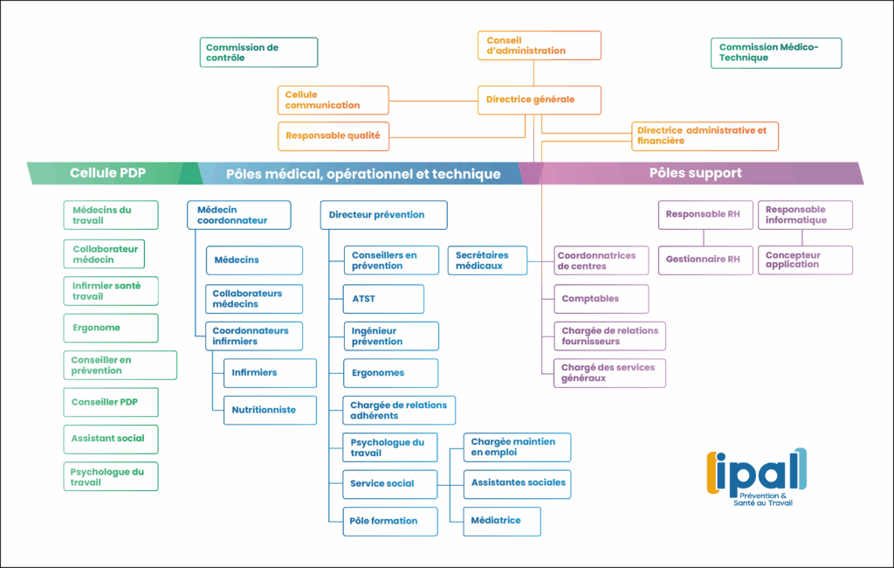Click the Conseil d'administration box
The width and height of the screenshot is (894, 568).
click(540, 45)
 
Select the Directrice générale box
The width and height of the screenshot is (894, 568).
click(540, 100)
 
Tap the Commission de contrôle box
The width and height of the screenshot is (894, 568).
click(260, 52)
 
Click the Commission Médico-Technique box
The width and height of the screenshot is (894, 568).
click(776, 52)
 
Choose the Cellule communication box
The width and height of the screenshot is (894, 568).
click(333, 100)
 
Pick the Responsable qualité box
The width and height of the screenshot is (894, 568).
click(333, 135)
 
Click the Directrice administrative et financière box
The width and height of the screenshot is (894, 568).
click(704, 135)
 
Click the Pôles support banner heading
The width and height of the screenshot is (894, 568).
click(695, 173)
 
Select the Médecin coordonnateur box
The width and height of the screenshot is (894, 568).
click(238, 215)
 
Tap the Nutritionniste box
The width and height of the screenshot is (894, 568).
click(269, 410)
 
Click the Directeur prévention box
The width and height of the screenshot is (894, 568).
click(383, 215)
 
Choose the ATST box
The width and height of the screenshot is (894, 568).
click(382, 299)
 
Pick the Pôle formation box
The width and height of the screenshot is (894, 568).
click(389, 521)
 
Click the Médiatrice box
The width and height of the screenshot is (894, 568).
click(501, 521)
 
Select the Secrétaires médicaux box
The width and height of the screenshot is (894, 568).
click(487, 260)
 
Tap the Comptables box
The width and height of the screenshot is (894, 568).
click(601, 299)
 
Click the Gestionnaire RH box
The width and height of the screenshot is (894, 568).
click(705, 260)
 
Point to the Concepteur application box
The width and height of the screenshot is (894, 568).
click(804, 260)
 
